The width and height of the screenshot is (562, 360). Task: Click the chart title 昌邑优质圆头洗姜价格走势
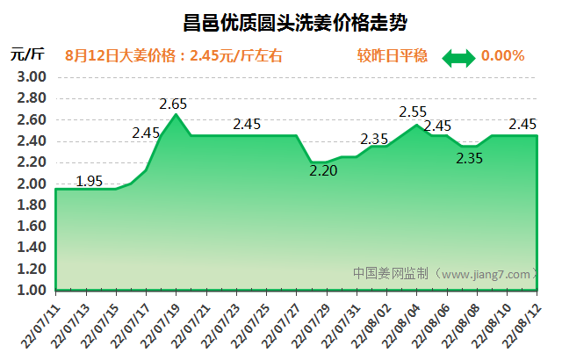(281, 19)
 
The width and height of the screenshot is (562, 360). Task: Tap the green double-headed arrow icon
(458, 57)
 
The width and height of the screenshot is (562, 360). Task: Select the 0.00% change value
(502, 56)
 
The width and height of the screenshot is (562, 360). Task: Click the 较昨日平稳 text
(393, 56)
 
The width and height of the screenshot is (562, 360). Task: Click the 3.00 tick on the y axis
(31, 77)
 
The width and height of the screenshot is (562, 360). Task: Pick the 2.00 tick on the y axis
(31, 184)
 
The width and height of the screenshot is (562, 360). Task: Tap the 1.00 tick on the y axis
(31, 290)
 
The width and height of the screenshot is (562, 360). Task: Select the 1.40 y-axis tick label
(31, 248)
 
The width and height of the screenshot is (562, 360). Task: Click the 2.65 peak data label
(174, 104)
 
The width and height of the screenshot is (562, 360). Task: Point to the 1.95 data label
(90, 182)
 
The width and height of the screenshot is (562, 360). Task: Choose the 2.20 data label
(323, 171)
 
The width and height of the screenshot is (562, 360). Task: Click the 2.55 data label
(413, 112)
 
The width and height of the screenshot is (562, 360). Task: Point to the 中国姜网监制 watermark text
(392, 273)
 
